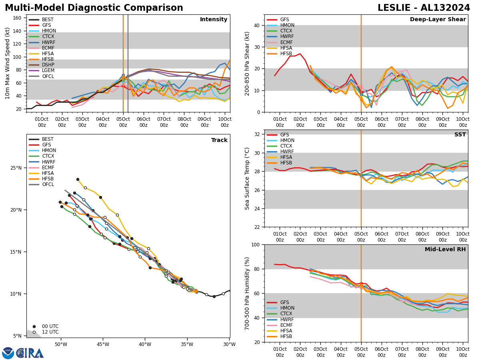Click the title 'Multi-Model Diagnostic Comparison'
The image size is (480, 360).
tap(94, 8)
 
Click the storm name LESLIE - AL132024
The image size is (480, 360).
tap(424, 8)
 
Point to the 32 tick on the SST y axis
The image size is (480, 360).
tap(258, 134)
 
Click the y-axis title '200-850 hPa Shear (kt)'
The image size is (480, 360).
tap(248, 63)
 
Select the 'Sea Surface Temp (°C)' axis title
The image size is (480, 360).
tap(248, 178)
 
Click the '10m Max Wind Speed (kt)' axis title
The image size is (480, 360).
tap(8, 63)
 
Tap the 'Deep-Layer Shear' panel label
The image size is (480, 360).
tap(438, 20)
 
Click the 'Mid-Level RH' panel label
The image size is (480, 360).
tap(445, 250)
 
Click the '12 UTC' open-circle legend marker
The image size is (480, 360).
tap(34, 332)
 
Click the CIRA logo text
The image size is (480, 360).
tap(30, 353)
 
